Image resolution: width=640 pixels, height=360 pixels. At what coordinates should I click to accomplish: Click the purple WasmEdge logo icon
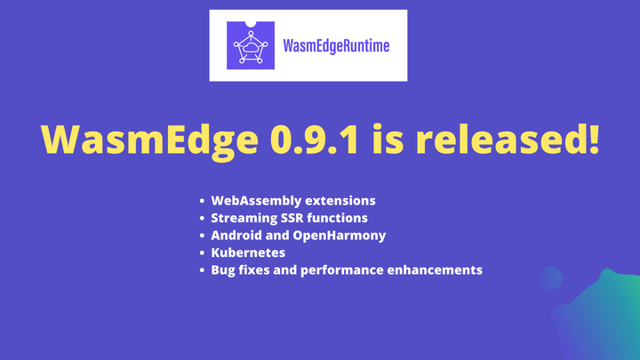point(250,45)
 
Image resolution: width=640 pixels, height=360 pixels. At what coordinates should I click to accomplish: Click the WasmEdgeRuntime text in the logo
point(336,45)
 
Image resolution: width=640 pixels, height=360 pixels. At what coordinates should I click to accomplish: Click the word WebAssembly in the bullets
point(253,200)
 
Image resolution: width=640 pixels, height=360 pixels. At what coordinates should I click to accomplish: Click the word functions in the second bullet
point(339,218)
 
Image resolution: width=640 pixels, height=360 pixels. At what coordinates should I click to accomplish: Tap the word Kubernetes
point(248,252)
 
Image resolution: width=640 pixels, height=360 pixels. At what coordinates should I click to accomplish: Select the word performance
point(343,269)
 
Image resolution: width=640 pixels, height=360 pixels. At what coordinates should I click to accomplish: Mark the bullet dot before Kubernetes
point(203,252)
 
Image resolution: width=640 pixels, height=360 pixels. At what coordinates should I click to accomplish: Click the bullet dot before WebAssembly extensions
point(203,200)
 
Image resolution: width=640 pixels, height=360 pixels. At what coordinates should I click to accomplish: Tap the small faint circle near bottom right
point(551,278)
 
